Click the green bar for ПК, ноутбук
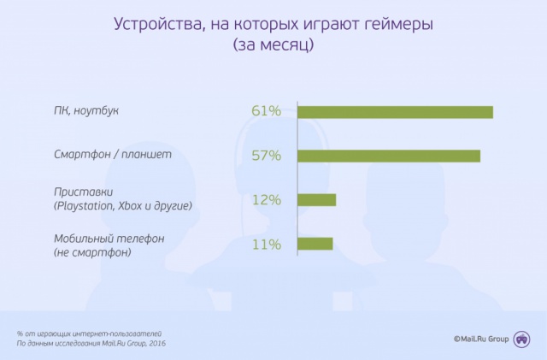click(395, 112)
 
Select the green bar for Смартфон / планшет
click(389, 156)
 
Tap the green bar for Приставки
click(317, 200)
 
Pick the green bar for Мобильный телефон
click(315, 244)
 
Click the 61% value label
click(266, 111)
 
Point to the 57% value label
click(266, 156)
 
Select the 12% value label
click(266, 200)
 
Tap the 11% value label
click(266, 244)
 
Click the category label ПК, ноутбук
click(86, 110)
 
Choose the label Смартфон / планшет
click(113, 154)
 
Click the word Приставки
click(84, 192)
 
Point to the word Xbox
click(130, 206)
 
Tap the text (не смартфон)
click(92, 252)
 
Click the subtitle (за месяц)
click(273, 45)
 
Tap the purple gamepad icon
click(522, 339)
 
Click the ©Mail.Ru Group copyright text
click(481, 339)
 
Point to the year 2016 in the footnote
click(157, 344)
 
